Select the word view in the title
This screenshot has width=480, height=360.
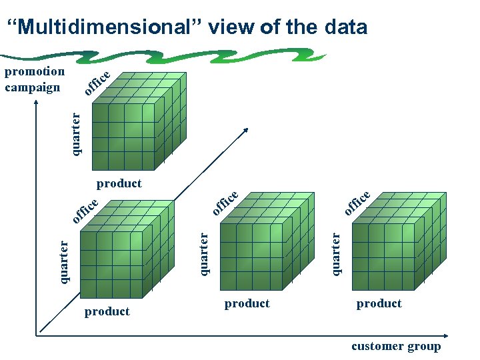tap(232, 27)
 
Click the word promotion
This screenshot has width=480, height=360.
tap(35, 71)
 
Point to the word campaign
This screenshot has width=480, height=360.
tap(33, 87)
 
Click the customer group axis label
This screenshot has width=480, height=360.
tap(396, 346)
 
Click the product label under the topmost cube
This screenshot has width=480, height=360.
tap(119, 183)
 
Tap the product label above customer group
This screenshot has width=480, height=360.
tap(379, 303)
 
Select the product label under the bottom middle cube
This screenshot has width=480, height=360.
tap(247, 303)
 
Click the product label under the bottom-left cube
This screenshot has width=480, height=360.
tap(107, 311)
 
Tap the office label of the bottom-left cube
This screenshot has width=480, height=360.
tap(85, 209)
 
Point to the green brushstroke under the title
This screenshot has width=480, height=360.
tap(200, 55)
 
